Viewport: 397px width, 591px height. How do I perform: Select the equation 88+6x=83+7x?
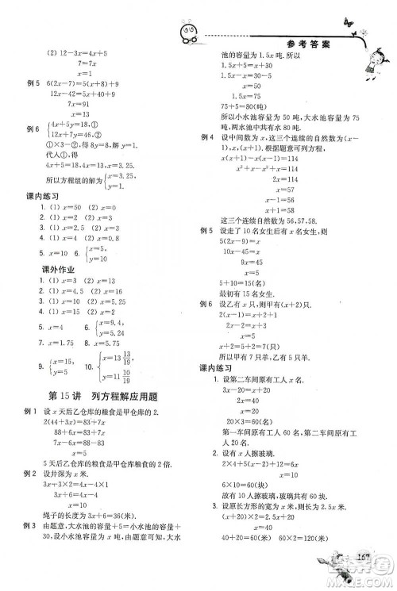click(x=83, y=432)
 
